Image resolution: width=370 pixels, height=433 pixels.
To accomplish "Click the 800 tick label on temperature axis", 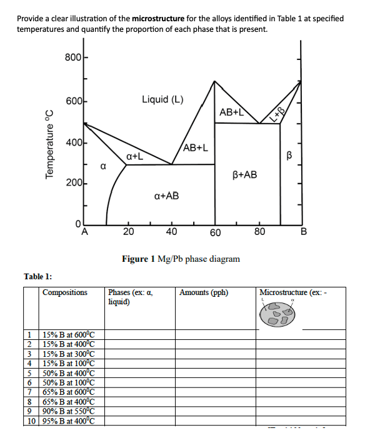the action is coord(72,57).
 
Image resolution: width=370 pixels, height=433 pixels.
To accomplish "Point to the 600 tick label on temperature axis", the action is coord(72,101).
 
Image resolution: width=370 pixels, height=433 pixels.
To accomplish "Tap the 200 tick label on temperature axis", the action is coord(72,184).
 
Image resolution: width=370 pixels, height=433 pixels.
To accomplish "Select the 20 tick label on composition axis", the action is coord(128,233).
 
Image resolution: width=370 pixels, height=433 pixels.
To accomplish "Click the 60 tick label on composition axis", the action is coord(215,233).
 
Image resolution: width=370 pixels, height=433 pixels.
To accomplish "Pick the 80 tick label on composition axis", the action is coord(260,233).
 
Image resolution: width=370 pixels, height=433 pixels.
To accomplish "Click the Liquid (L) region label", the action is coord(162,99).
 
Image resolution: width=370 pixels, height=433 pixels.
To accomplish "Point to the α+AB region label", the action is coord(166,196).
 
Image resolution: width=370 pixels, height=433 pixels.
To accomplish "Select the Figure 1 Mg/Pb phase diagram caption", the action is coord(181,259).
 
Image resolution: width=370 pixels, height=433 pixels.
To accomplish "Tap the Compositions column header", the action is coord(65,292).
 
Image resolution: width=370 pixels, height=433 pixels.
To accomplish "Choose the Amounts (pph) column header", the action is coord(204,292).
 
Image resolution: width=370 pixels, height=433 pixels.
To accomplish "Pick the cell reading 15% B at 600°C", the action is coord(67,335).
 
